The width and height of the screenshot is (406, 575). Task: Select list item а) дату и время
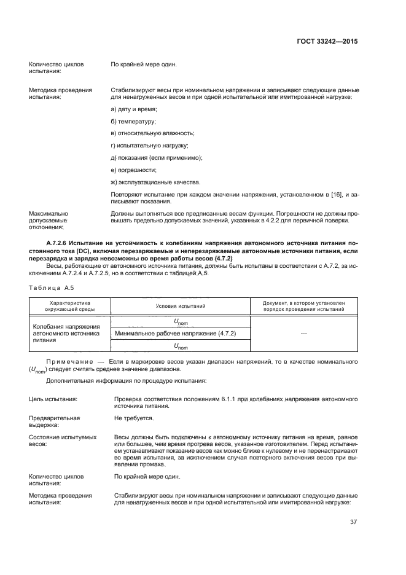point(133,109)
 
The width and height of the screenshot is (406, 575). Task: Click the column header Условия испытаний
point(180,306)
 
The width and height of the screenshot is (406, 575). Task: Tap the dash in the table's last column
point(304,333)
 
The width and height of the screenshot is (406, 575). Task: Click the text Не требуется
point(133,418)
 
